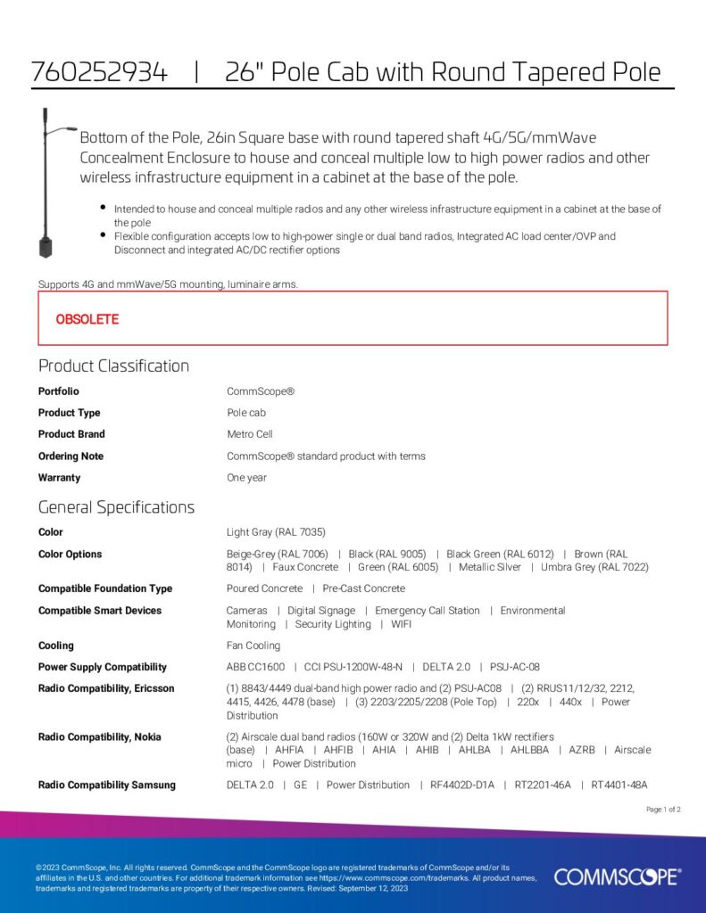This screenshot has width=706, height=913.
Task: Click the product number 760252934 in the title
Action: pyautogui.click(x=99, y=72)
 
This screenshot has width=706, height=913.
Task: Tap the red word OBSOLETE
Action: pyautogui.click(x=87, y=319)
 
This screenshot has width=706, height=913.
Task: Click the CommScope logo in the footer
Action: pyautogui.click(x=617, y=876)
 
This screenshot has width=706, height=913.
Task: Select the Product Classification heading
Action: pyautogui.click(x=113, y=366)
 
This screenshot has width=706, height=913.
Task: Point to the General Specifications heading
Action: pyautogui.click(x=116, y=507)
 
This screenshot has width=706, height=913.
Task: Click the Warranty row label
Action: pyautogui.click(x=59, y=478)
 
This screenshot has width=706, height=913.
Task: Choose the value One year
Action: pyautogui.click(x=247, y=478)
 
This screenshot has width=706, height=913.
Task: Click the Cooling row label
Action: pyautogui.click(x=55, y=646)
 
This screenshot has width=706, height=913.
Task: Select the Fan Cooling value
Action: pyautogui.click(x=253, y=646)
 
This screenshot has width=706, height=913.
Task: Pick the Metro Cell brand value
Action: pyautogui.click(x=250, y=434)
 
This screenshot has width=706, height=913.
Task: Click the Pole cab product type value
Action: pyautogui.click(x=246, y=413)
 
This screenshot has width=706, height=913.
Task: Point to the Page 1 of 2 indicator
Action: pyautogui.click(x=663, y=810)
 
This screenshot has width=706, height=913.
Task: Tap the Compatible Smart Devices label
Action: pyautogui.click(x=100, y=611)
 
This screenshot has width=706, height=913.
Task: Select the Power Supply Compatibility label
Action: pyautogui.click(x=103, y=667)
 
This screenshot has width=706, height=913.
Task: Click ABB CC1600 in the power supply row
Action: pyautogui.click(x=256, y=667)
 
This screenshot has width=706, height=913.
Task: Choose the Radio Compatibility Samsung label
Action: pyautogui.click(x=107, y=786)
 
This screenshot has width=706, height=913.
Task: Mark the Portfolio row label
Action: pyautogui.click(x=58, y=391)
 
